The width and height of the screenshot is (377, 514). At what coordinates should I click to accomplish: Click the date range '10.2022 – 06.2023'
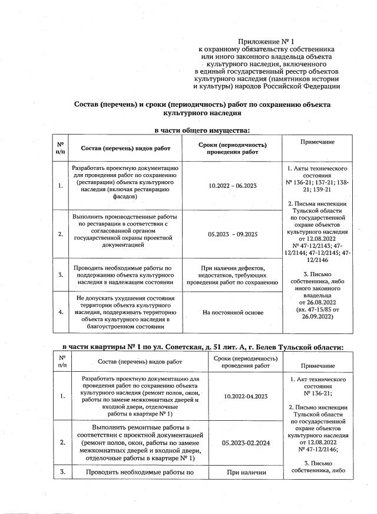click(233, 186)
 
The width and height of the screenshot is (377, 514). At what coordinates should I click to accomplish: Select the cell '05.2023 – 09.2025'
click(233, 234)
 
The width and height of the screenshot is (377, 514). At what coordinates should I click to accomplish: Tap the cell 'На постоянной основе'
click(233, 312)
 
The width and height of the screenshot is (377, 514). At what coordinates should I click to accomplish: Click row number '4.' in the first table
click(61, 312)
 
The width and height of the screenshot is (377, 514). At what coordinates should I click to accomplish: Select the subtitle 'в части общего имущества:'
click(202, 130)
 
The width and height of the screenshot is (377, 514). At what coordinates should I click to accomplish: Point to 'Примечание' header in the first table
click(317, 142)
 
